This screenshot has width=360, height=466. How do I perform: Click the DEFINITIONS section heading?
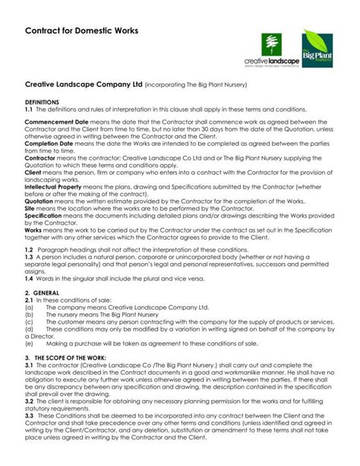point(44,100)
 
